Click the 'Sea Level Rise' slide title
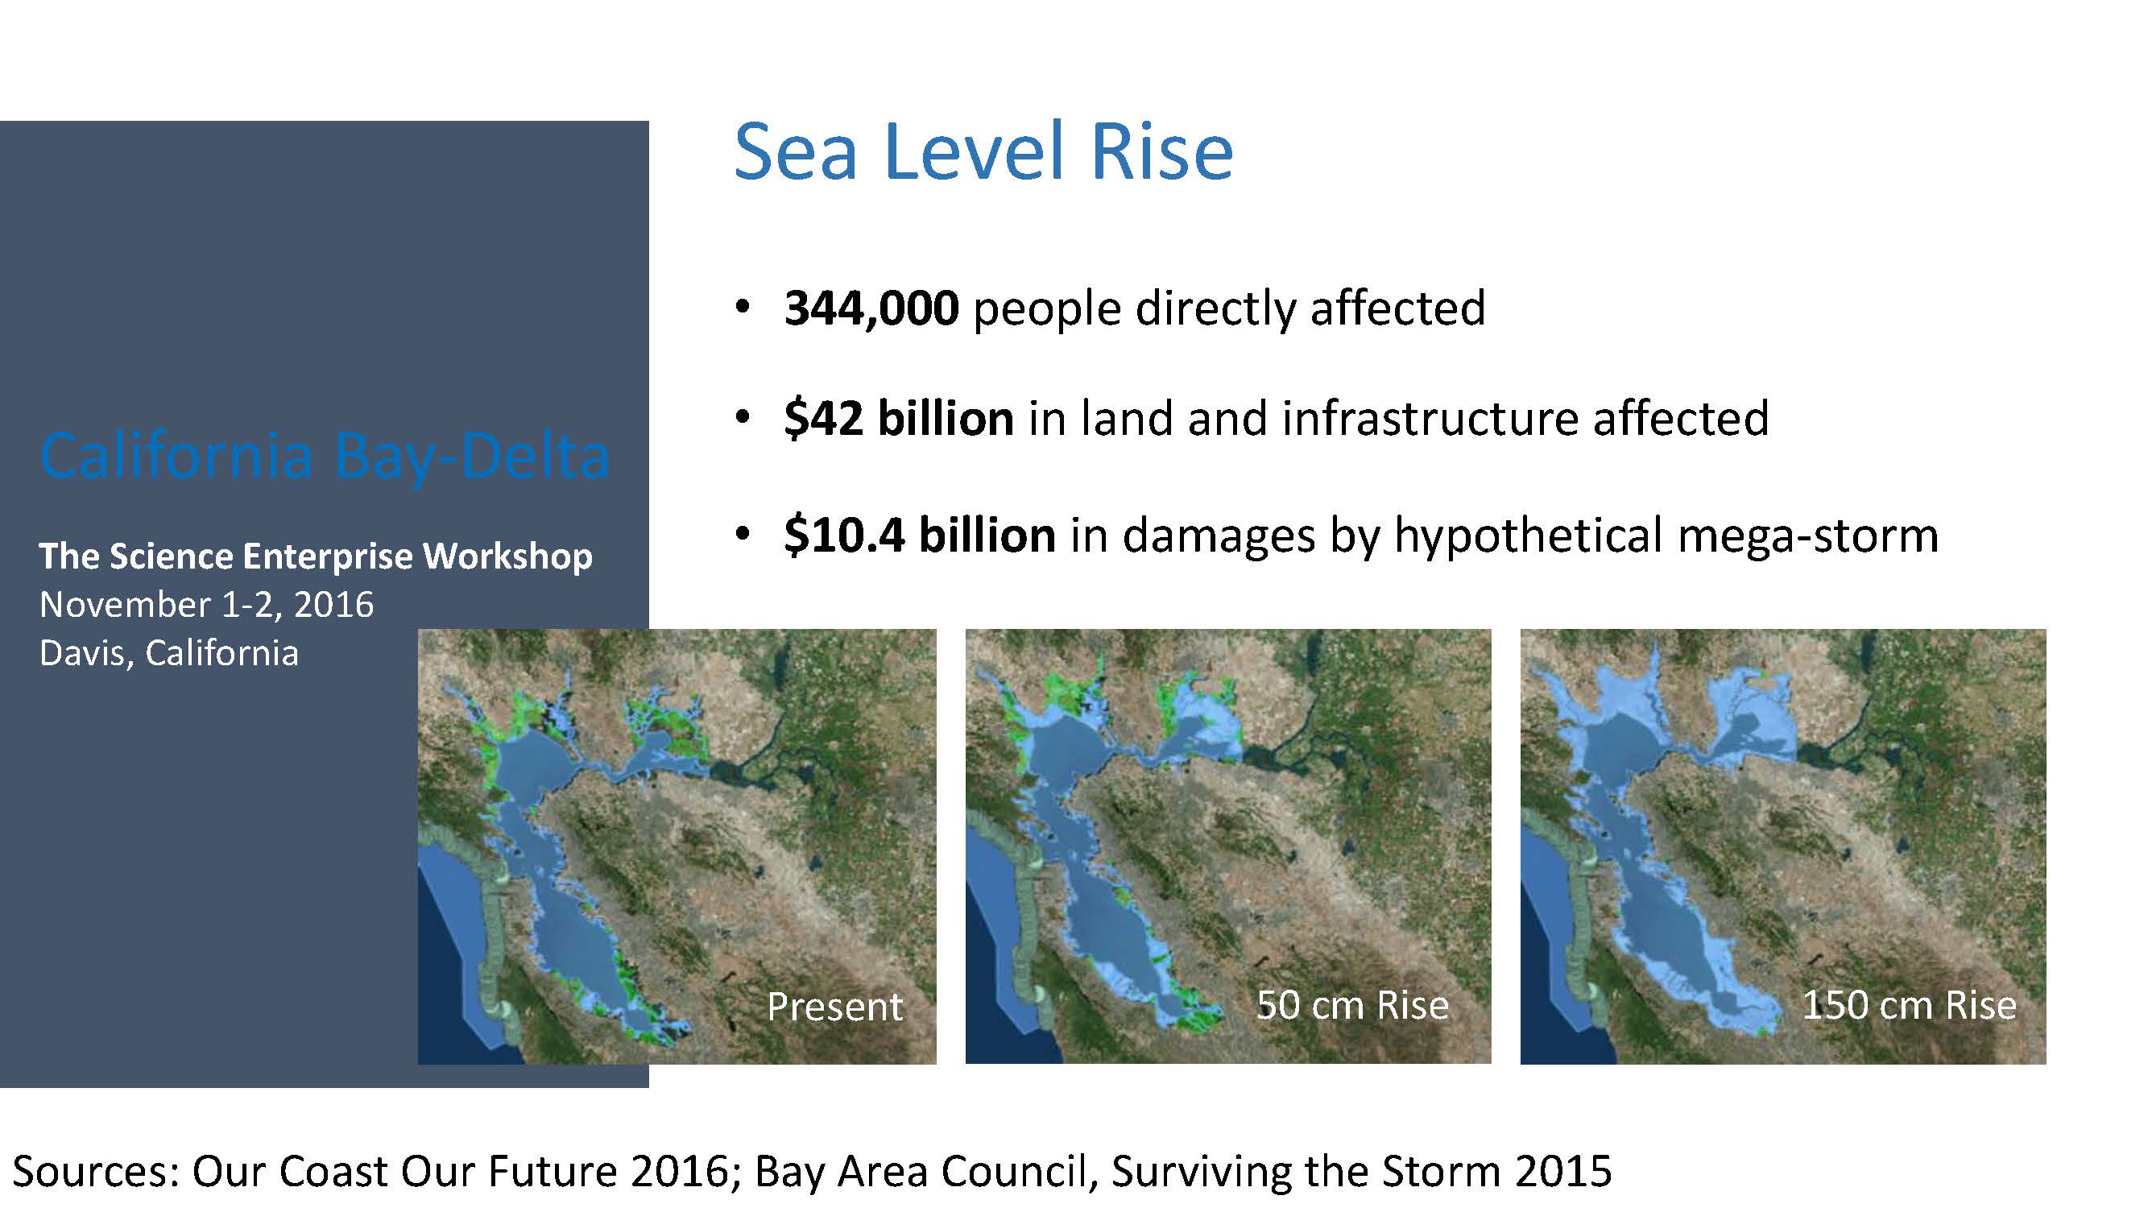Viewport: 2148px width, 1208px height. pyautogui.click(x=983, y=151)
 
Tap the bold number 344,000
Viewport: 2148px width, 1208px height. pyautogui.click(x=871, y=308)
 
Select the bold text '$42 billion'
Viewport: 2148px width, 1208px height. pyautogui.click(x=899, y=418)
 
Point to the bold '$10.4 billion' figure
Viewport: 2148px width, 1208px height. pyautogui.click(x=920, y=535)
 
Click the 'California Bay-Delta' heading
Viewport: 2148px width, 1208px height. pyautogui.click(x=325, y=457)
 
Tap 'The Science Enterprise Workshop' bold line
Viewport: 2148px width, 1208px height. pyautogui.click(x=315, y=556)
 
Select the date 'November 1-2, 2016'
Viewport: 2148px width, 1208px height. pyautogui.click(x=206, y=605)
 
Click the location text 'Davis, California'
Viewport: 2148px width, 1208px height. pyautogui.click(x=168, y=653)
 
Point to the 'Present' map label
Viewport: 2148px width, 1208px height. pyautogui.click(x=834, y=1006)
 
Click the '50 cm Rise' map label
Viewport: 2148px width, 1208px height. pyautogui.click(x=1352, y=1004)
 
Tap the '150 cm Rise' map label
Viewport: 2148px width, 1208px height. pyautogui.click(x=1910, y=1004)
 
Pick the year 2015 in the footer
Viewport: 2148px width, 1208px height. pyautogui.click(x=1564, y=1171)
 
